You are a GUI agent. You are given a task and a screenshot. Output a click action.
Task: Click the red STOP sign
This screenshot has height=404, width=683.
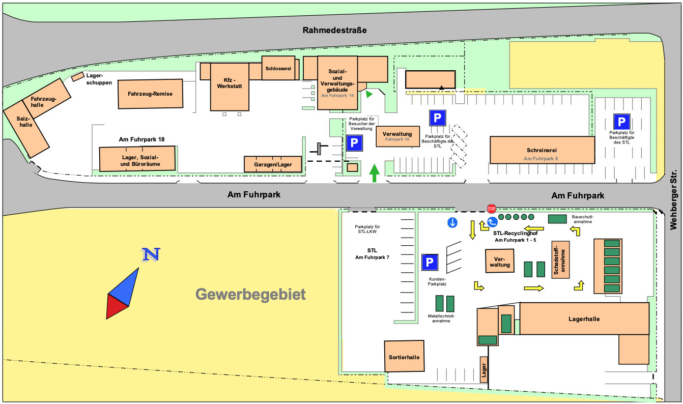(x=491, y=209)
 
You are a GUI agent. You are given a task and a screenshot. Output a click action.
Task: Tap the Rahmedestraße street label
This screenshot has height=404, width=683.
(x=334, y=30)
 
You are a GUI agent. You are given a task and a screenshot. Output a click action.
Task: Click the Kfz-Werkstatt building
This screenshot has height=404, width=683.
(x=230, y=86)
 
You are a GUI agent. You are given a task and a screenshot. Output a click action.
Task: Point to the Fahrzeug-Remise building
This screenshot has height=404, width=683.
(x=150, y=94)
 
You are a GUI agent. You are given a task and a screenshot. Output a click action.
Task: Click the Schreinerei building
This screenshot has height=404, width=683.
(x=542, y=150)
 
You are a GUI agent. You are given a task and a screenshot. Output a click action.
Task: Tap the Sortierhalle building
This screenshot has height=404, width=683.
(x=404, y=357)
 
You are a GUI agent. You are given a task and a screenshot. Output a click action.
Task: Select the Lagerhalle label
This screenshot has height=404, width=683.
(x=584, y=319)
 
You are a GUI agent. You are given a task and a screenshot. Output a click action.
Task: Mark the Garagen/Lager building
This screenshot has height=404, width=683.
(x=273, y=164)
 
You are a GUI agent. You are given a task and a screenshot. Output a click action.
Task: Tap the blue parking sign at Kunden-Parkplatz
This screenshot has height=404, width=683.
(x=430, y=262)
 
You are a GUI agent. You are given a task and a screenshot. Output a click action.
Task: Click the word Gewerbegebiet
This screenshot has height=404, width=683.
(x=250, y=294)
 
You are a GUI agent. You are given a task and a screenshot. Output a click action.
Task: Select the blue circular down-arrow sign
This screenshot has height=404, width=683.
(x=452, y=222)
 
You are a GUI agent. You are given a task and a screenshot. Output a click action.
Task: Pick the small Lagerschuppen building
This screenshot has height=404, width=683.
(x=77, y=76)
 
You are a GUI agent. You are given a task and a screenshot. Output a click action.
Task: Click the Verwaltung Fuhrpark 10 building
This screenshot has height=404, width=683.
(x=397, y=136)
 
